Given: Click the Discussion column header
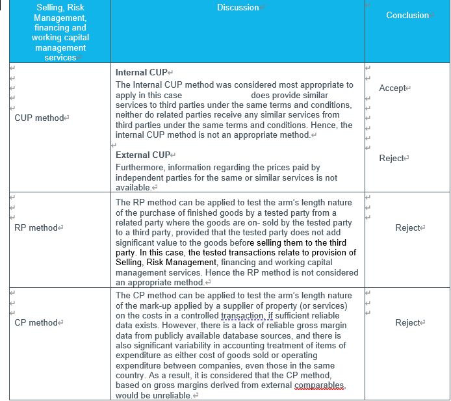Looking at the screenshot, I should pyautogui.click(x=237, y=8).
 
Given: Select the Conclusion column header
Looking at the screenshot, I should pyautogui.click(x=407, y=15).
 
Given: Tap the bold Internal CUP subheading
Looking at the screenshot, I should pyautogui.click(x=141, y=73).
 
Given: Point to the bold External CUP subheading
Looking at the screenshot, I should pyautogui.click(x=142, y=155).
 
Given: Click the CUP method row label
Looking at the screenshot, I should pyautogui.click(x=39, y=118).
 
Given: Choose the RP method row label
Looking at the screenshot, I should pyautogui.click(x=36, y=228).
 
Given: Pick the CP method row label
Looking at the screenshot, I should pyautogui.click(x=36, y=323).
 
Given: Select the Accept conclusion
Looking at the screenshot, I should pyautogui.click(x=393, y=88).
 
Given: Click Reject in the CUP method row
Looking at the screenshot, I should pyautogui.click(x=392, y=159).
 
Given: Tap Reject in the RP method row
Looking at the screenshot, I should pyautogui.click(x=408, y=228).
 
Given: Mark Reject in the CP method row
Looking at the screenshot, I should pyautogui.click(x=408, y=323).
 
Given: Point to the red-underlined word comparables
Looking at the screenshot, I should pyautogui.click(x=319, y=385).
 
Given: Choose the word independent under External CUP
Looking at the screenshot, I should pyautogui.click(x=141, y=177).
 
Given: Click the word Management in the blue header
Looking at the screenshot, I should pyautogui.click(x=60, y=18).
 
